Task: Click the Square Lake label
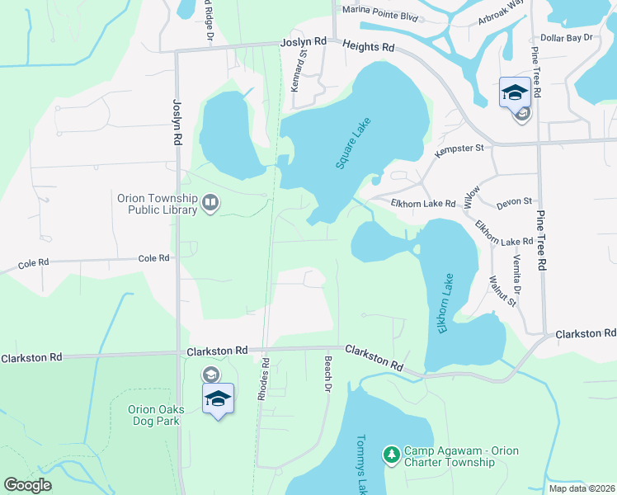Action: (353, 144)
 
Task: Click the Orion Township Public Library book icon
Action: (210, 203)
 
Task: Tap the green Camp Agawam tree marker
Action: (391, 455)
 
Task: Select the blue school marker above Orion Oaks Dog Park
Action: (218, 398)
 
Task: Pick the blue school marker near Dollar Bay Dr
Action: (515, 92)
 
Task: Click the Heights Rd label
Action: (369, 48)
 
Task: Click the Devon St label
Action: (514, 202)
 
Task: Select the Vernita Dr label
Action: (517, 275)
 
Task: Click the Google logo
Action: (28, 484)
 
